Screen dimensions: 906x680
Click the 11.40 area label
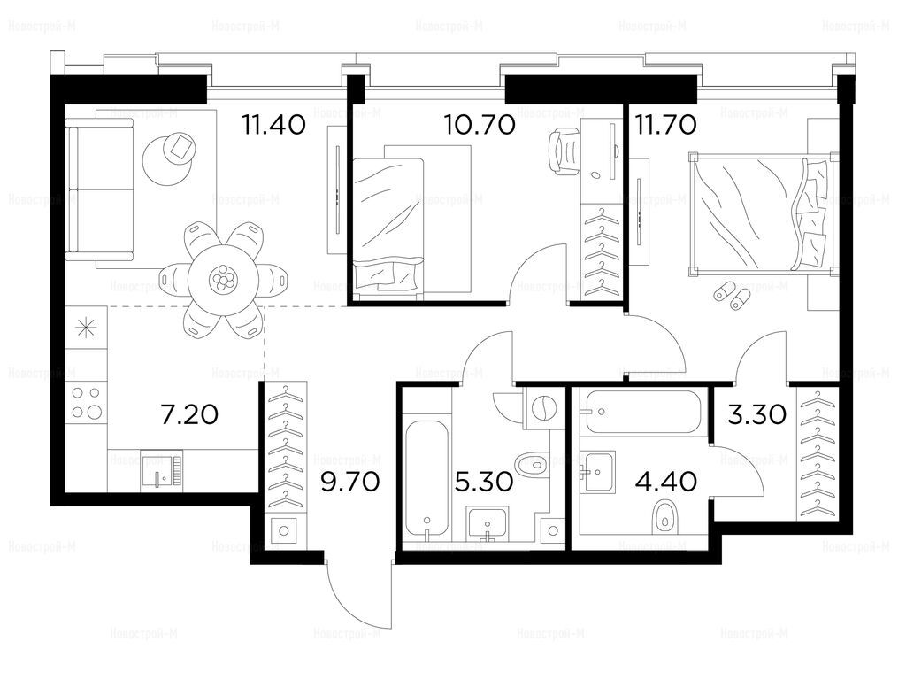[274, 124]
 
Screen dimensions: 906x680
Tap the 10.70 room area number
[480, 124]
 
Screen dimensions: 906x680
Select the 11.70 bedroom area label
[666, 124]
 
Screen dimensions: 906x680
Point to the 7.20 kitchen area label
[189, 414]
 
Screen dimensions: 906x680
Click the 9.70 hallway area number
[350, 481]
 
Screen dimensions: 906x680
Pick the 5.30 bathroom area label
[484, 481]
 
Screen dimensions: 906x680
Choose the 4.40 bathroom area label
[665, 481]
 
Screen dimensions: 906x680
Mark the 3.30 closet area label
[757, 414]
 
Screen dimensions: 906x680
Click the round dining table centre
[222, 281]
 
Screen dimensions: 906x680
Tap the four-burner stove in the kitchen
[86, 403]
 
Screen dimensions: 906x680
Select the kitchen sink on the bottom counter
[161, 470]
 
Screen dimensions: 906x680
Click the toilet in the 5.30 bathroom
[531, 463]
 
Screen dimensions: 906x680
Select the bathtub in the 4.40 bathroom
[645, 412]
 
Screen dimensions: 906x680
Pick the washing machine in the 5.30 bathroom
[543, 407]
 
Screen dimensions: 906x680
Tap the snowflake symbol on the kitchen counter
[86, 328]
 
